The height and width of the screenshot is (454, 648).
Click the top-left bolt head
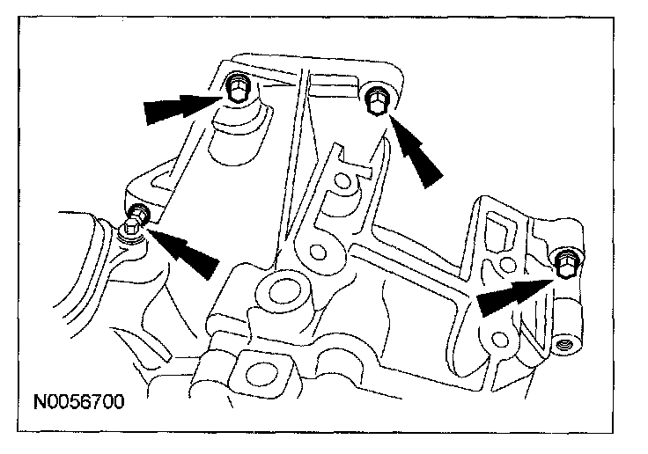pyautogui.click(x=235, y=88)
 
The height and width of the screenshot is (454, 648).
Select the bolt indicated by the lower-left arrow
pyautogui.click(x=138, y=213)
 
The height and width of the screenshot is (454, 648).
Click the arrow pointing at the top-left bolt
pyautogui.click(x=180, y=108)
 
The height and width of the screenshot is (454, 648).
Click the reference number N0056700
pyautogui.click(x=80, y=404)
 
